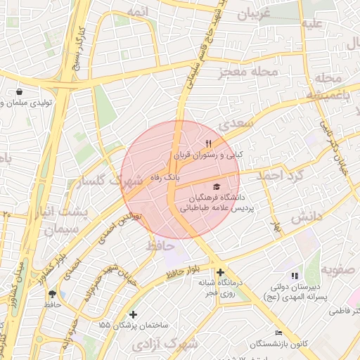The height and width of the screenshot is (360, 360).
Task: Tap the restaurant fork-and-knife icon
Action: [208, 144]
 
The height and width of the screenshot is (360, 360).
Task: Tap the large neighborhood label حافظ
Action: [160, 245]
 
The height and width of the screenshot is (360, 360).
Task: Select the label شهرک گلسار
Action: [112, 180]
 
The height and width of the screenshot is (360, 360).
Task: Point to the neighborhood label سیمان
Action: [60, 229]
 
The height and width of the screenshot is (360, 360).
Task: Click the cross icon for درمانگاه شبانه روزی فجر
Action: [220, 272]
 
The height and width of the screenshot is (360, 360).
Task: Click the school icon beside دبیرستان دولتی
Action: [294, 276]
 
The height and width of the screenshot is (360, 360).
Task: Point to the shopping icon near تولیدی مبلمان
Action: [19, 92]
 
